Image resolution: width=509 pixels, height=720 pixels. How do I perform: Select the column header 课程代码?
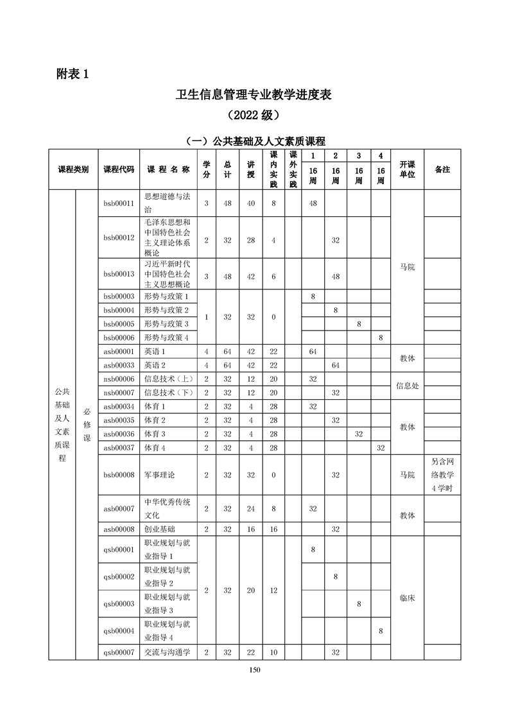tap(119, 169)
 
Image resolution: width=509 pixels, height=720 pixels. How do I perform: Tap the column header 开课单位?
tap(408, 169)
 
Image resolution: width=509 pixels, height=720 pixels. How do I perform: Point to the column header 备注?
tap(442, 169)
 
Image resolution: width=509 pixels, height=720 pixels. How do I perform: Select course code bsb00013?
tap(119, 274)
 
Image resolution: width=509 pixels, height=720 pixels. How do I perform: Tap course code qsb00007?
tap(119, 652)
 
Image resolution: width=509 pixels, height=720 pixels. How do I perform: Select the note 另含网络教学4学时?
tap(442, 475)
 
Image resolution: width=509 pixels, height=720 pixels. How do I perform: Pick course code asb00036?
tap(119, 434)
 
